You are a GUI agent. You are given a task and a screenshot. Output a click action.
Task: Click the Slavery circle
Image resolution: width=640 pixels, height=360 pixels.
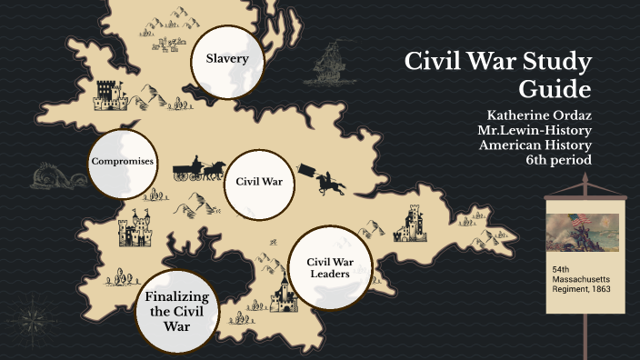tap(226, 60)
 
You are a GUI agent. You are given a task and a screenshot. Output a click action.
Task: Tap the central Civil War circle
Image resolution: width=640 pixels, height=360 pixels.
tap(259, 181)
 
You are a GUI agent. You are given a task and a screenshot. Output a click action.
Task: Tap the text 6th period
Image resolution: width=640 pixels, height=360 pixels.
tap(558, 160)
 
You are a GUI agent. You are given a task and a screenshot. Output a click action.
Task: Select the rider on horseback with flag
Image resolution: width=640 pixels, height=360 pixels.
tap(328, 181)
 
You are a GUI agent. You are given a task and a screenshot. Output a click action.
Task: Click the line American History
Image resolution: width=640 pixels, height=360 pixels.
tap(535, 145)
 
